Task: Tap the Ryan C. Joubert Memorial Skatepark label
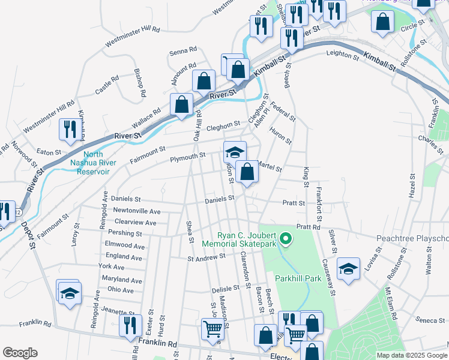[247, 240]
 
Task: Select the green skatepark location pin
[286, 239]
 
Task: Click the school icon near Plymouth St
[235, 151]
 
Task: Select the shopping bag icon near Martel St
[247, 172]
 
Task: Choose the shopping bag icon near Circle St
[382, 21]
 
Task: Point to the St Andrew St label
[206, 257]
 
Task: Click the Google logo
[20, 353]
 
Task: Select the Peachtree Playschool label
[412, 238]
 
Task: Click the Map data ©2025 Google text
[412, 355]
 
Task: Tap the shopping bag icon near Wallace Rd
[181, 104]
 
